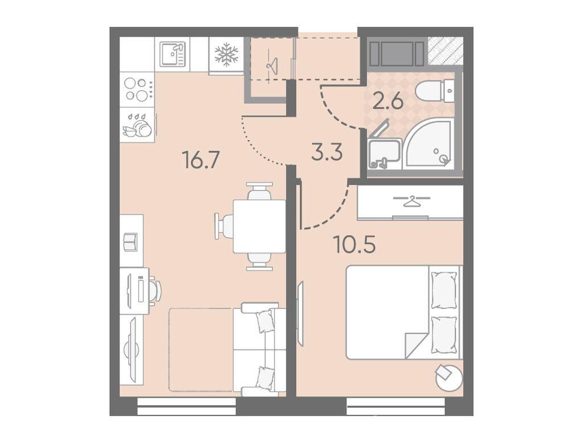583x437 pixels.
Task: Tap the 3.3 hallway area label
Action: point(326,153)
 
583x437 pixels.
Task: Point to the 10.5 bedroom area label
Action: point(355,244)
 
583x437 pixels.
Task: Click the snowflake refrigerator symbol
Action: point(227,55)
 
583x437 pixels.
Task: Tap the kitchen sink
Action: point(173,54)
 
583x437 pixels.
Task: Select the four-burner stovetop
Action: point(137,89)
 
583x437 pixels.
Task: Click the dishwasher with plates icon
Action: point(138,125)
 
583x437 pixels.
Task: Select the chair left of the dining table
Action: point(224,226)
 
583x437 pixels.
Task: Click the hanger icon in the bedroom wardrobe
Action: point(411,201)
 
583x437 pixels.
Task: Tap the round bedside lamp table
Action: point(449,377)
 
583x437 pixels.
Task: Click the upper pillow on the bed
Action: point(444,290)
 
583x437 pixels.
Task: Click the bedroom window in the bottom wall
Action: point(396,406)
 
